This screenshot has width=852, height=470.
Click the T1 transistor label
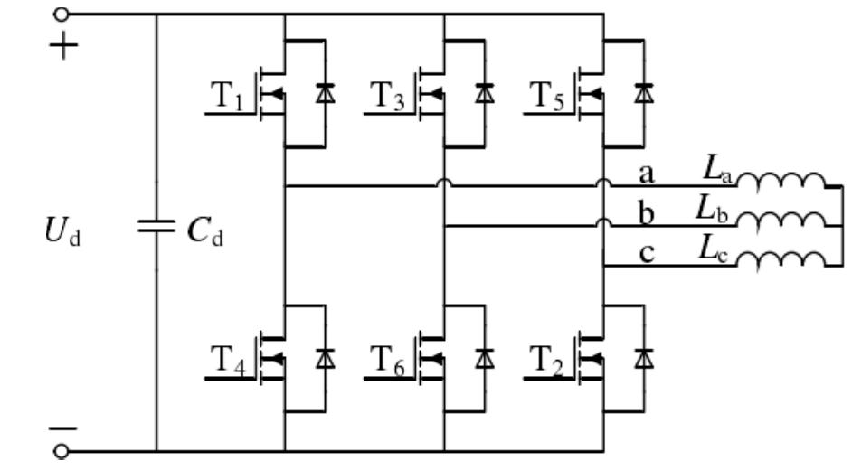227,96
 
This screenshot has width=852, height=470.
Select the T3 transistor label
387,96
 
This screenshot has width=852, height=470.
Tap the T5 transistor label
546,96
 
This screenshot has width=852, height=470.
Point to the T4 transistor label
228,360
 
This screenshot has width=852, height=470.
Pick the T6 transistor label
387,360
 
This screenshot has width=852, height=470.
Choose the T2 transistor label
546,360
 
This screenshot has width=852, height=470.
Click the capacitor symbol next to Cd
156,226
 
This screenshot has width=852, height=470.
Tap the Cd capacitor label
204,230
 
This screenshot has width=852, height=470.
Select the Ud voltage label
63,230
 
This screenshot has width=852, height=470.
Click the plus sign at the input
64,45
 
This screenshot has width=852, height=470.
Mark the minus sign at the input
63,428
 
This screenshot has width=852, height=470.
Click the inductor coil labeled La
781,180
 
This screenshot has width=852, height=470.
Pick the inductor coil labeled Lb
781,220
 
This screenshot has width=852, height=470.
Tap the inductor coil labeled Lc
781,259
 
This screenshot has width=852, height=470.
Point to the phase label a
647,174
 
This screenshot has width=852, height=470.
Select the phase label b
646,212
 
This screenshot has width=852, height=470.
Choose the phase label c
647,253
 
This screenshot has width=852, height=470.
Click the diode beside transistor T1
326,93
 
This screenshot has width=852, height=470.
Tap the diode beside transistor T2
645,358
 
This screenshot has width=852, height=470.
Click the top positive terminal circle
62,14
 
